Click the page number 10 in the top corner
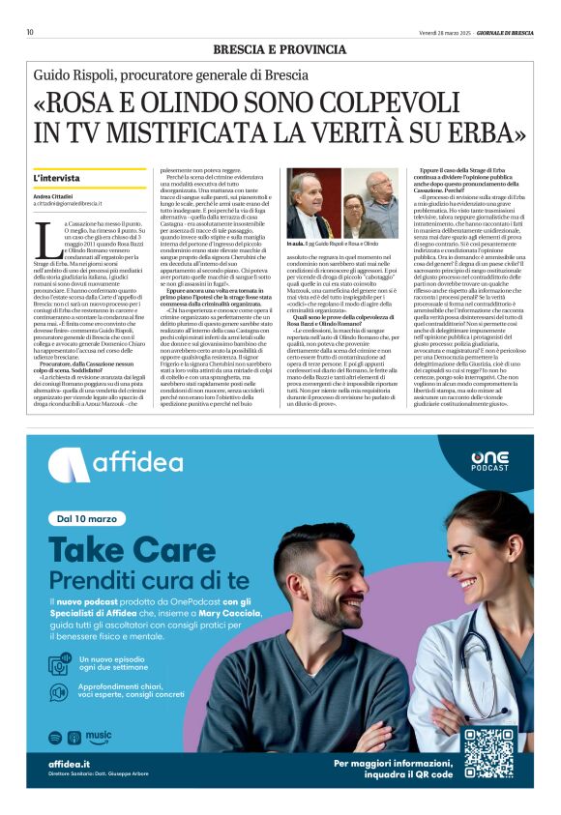pos(30,32)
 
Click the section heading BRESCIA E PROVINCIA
pos(280,48)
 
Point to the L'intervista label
pos(57,179)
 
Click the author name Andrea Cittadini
pos(54,196)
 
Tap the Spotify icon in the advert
pos(54,737)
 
